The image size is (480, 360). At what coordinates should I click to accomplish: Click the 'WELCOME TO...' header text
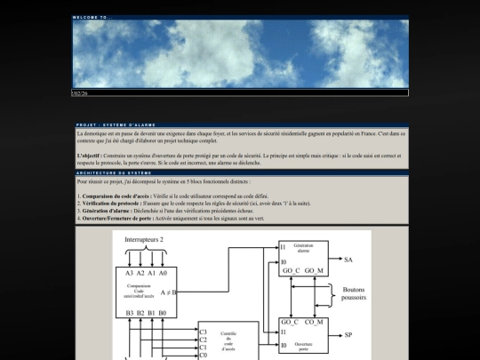coord(93,18)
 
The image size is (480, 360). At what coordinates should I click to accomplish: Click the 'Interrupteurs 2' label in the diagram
coord(144,240)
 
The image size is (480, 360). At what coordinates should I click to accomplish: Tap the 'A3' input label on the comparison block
coord(130,273)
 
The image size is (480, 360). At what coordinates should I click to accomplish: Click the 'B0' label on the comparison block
coord(164,313)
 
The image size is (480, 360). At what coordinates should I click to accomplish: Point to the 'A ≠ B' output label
coord(169,292)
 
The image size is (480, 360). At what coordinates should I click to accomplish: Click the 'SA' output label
coord(348,260)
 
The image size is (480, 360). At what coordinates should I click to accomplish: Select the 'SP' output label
coord(348,336)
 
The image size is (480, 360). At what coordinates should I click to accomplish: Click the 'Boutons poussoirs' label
coord(354,294)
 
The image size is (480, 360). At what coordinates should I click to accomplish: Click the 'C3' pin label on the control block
coord(204,332)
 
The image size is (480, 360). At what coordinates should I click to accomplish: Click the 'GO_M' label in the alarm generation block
coord(315,269)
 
